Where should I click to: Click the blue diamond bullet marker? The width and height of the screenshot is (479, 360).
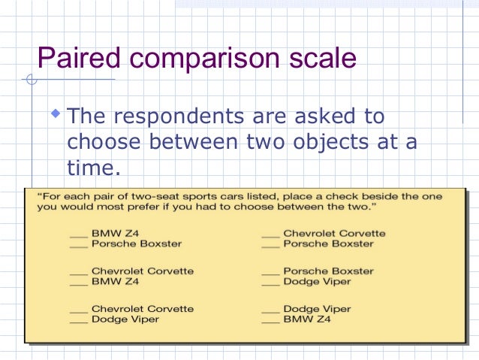point(53,114)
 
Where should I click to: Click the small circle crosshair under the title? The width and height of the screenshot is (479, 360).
point(30,80)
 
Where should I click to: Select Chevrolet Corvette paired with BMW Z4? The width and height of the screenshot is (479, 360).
point(142,271)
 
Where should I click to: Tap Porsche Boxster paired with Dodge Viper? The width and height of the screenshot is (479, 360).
point(327,271)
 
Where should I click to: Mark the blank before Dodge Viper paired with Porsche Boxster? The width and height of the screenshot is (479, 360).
point(270,282)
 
